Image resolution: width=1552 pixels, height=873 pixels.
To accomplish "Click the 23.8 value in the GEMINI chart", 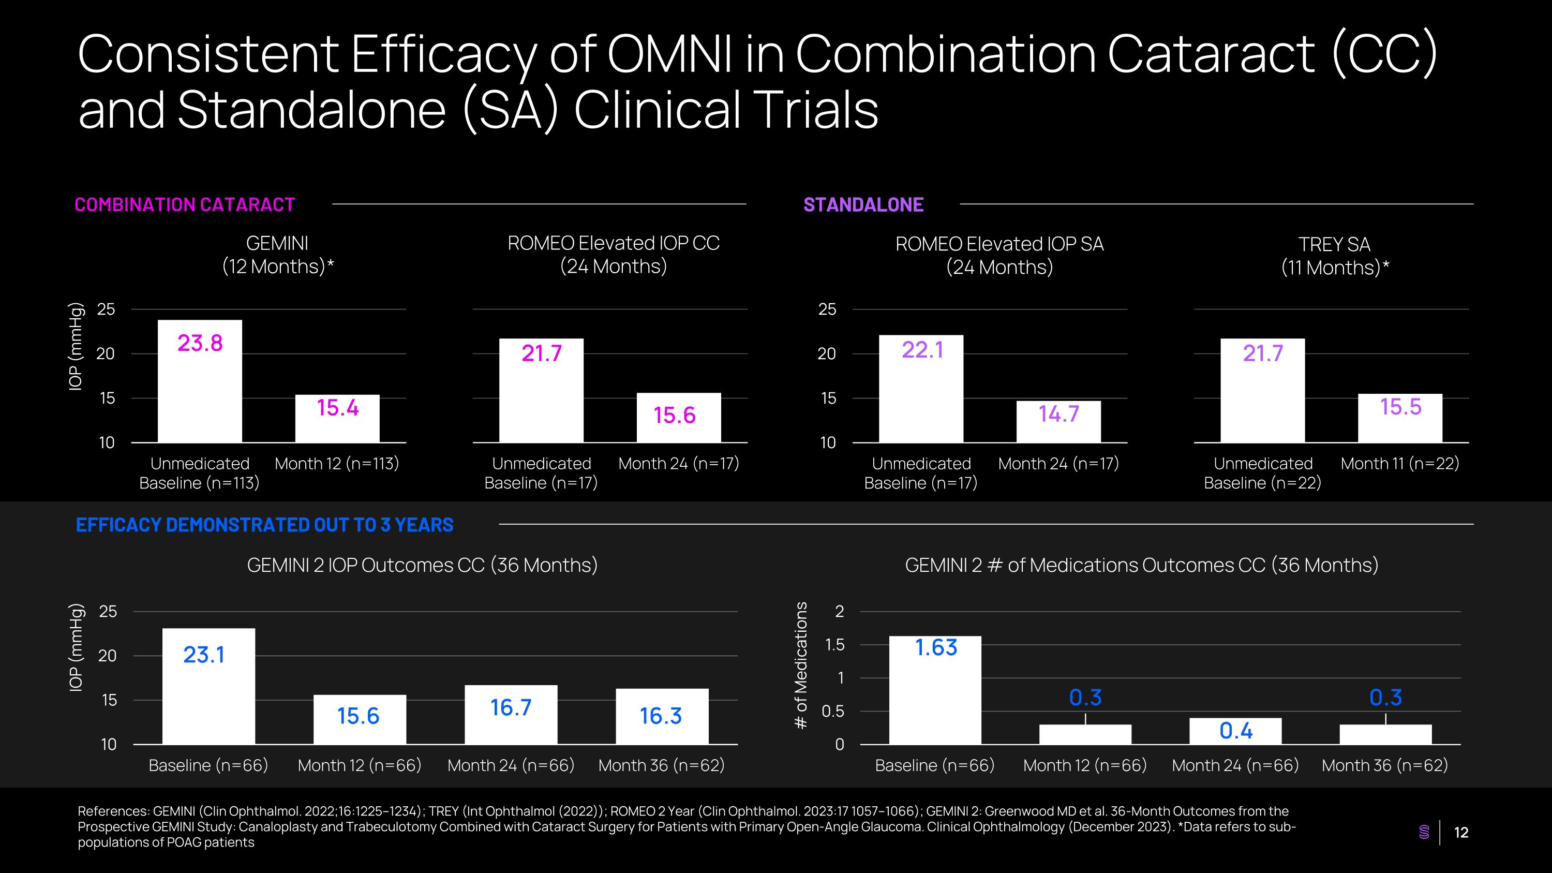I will [200, 344].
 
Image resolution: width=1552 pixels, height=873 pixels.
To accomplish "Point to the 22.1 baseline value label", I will [922, 350].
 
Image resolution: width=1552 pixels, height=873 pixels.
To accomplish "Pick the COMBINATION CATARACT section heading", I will [184, 205].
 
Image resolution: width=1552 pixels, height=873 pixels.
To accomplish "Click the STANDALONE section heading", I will [863, 205].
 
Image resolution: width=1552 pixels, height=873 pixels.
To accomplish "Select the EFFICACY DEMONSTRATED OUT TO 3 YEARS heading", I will [264, 525].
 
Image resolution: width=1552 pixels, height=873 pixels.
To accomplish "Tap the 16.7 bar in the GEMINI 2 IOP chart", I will [511, 714].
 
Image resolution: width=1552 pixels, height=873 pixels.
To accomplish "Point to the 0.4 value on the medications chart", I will [1236, 731].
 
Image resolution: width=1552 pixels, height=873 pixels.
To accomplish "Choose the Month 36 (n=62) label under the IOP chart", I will [662, 765].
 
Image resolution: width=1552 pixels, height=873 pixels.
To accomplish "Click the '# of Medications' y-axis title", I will [801, 665].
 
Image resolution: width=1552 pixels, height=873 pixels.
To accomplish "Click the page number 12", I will [1461, 833].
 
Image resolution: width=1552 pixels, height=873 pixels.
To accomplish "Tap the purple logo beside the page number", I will [1424, 832].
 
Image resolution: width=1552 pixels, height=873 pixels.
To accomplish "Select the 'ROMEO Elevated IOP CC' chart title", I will [614, 243].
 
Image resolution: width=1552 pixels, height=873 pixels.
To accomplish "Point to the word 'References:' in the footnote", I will [113, 811].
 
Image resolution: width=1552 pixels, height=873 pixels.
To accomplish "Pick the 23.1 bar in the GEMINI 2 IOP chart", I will [208, 686].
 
